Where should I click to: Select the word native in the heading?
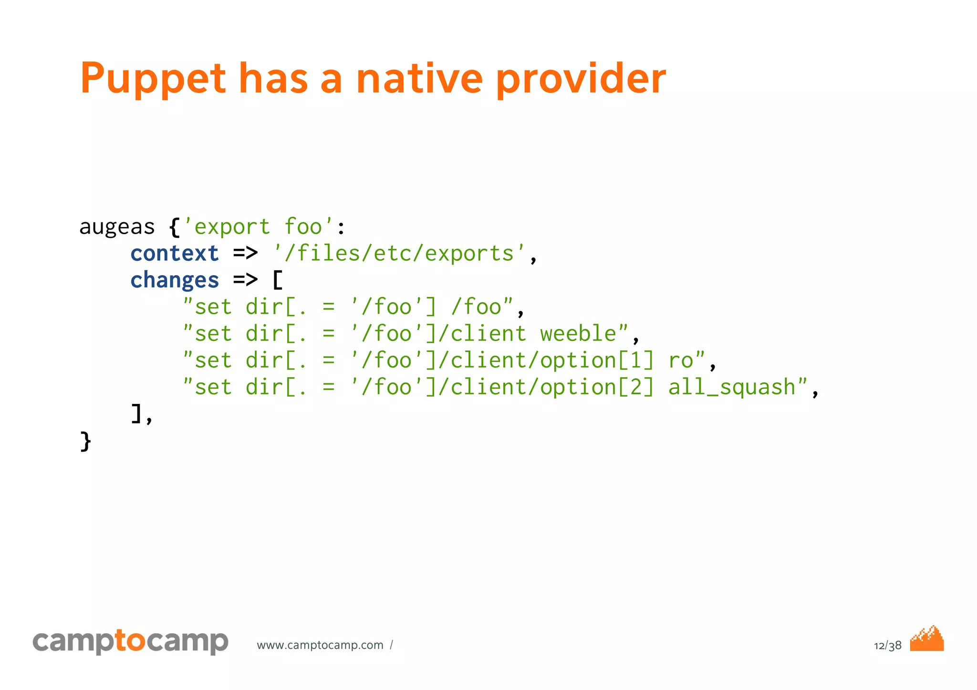pyautogui.click(x=419, y=79)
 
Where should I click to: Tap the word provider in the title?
pyautogui.click(x=581, y=79)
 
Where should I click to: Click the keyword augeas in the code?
pyautogui.click(x=117, y=227)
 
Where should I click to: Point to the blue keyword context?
pyautogui.click(x=175, y=254)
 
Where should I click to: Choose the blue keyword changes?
pyautogui.click(x=175, y=280)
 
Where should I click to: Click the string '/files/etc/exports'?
pyautogui.click(x=399, y=254)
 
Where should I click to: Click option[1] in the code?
pyautogui.click(x=597, y=360)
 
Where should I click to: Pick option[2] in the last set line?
pyautogui.click(x=597, y=387)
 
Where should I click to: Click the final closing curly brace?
pyautogui.click(x=85, y=441)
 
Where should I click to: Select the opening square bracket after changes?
pyautogui.click(x=278, y=280)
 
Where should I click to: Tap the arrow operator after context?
pyautogui.click(x=245, y=254)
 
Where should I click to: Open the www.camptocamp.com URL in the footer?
pyautogui.click(x=320, y=645)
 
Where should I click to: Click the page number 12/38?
pyautogui.click(x=887, y=646)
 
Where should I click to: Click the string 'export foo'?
pyautogui.click(x=258, y=227)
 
